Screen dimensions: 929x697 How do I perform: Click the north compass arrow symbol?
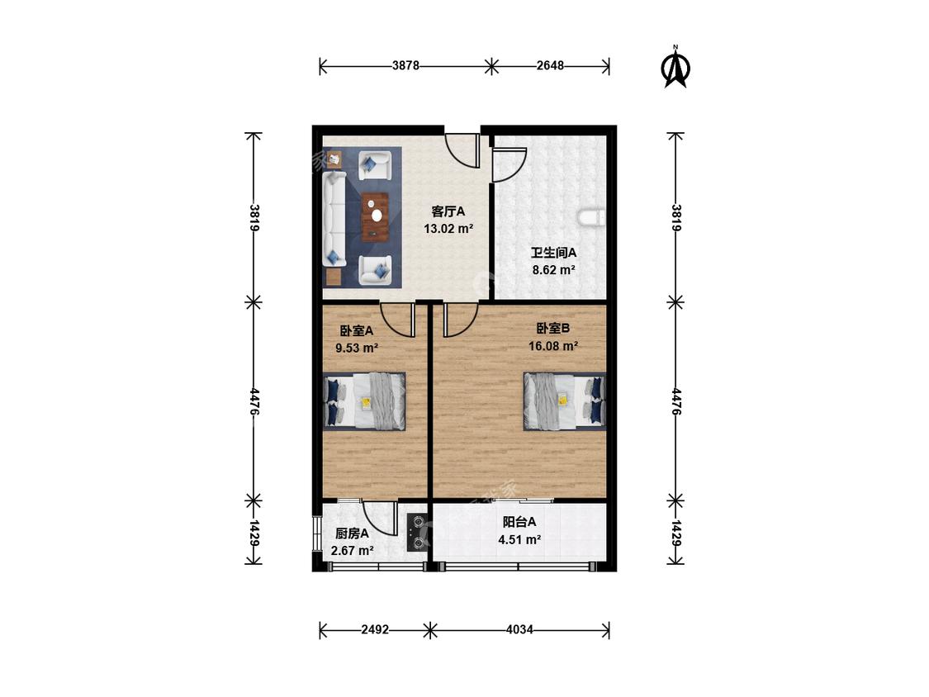(675, 68)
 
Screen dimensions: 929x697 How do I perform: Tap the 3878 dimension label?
(405, 66)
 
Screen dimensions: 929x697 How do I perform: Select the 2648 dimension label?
(551, 66)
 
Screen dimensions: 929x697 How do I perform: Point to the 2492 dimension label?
(375, 629)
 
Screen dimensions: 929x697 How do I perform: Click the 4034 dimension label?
(519, 629)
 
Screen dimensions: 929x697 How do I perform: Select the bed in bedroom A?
(365, 401)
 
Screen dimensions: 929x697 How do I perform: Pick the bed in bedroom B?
(564, 401)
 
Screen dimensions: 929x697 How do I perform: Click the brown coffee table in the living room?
(375, 217)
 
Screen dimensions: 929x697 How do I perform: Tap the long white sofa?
(334, 219)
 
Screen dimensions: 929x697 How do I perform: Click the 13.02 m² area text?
(448, 228)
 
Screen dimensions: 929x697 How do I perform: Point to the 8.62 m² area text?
(554, 270)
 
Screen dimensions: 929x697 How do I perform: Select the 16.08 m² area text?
(553, 346)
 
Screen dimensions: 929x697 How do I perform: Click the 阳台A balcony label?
(519, 522)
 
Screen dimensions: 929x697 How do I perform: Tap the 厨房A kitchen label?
(352, 533)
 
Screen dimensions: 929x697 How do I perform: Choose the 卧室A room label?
(356, 330)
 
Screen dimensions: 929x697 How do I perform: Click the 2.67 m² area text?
(352, 551)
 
